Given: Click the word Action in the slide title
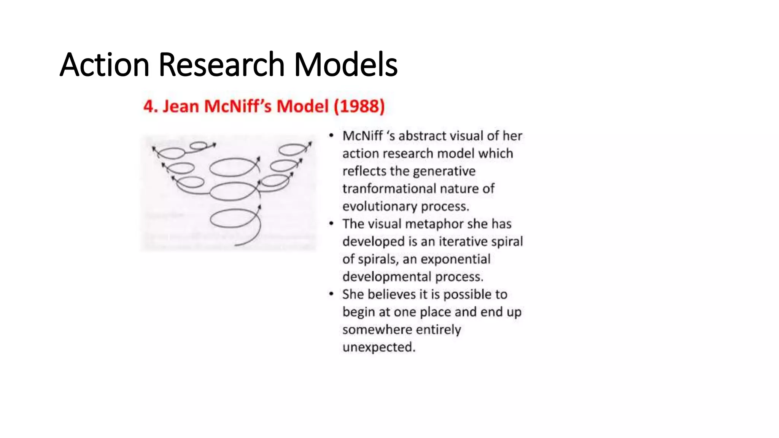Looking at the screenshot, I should click(x=104, y=65).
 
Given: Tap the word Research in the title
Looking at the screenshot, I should click(x=221, y=65).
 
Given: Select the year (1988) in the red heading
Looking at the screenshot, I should click(x=359, y=106).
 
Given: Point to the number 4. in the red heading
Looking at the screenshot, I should click(x=150, y=106).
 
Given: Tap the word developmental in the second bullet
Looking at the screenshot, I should click(x=387, y=277).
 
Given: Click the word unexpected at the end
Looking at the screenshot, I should click(x=378, y=347).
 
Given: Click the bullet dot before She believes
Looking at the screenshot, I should click(x=331, y=294).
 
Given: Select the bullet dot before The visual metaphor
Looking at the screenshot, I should click(x=331, y=224).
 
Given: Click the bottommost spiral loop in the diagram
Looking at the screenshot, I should click(x=233, y=220).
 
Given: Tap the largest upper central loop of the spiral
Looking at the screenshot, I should click(x=233, y=167).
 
